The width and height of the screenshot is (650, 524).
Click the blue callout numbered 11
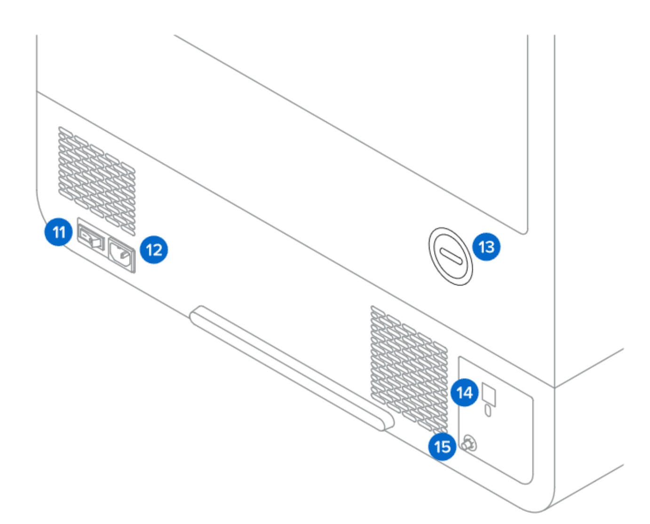59,232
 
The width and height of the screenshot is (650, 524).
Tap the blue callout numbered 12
154,250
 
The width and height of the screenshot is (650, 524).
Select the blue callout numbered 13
486,246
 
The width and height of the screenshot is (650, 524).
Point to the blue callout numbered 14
465,393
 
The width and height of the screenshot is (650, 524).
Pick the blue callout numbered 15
443,446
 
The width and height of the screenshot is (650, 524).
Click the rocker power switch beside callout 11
91,238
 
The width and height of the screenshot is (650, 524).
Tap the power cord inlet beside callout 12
121,255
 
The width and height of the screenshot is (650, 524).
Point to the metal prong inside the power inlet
125,255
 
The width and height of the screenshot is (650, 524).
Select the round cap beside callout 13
451,256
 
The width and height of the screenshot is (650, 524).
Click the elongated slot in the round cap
451,256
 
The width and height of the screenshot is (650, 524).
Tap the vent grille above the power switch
97,181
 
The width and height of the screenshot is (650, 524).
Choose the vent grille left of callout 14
409,370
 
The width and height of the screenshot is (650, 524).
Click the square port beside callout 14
489,395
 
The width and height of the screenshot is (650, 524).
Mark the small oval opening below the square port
488,411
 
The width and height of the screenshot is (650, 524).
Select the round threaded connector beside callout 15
469,444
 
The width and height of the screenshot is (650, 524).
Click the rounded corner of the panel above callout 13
525,231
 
